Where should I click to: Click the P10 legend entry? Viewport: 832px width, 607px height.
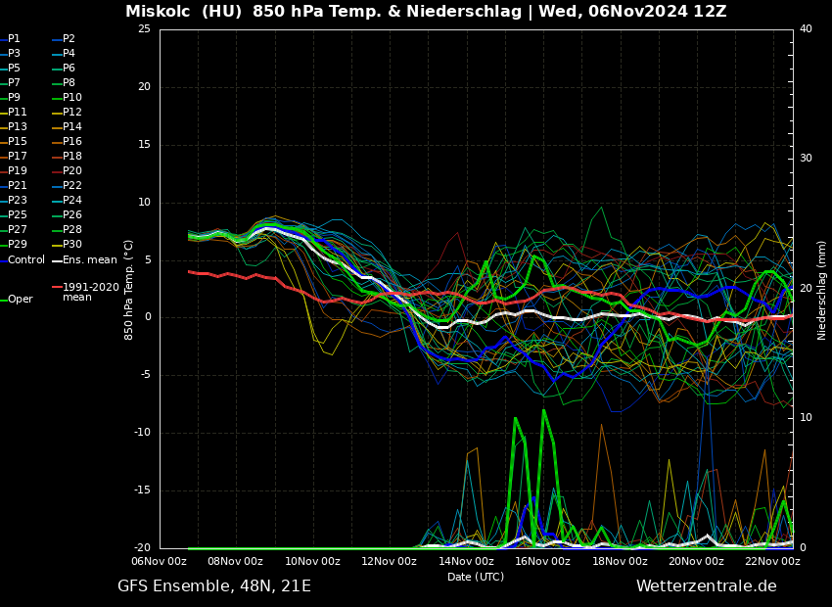pos(72,98)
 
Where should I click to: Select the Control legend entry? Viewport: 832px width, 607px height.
pos(26,260)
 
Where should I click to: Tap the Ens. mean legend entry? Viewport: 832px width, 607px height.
pos(89,260)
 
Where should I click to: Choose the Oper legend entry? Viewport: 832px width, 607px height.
pos(21,300)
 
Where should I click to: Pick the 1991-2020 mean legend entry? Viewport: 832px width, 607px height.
pos(90,292)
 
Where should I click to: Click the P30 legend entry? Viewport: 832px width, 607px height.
pos(72,245)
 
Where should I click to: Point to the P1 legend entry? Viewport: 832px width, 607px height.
pos(14,39)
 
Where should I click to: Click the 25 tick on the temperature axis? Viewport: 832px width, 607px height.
pos(144,29)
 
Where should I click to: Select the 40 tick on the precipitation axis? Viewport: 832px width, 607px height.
pos(806,29)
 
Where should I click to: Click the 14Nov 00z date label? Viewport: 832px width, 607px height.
pos(466,562)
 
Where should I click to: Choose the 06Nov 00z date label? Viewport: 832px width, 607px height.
pos(160,562)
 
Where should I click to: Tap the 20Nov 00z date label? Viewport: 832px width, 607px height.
pos(696,562)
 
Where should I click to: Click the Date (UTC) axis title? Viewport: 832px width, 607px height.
pos(476,578)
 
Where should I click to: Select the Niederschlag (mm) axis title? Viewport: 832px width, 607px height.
pos(822,290)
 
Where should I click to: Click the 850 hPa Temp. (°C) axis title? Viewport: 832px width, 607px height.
pos(129,290)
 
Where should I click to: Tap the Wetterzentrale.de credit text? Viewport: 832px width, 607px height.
pos(706,586)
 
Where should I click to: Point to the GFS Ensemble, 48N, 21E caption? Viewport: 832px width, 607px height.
pos(214,586)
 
